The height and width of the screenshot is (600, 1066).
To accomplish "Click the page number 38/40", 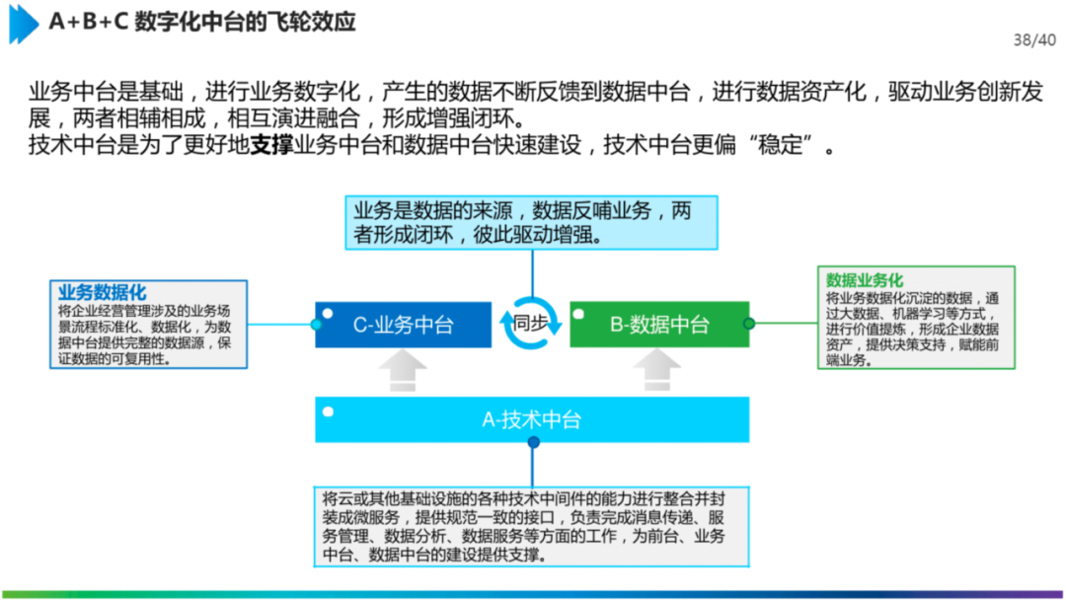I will click(x=1034, y=40).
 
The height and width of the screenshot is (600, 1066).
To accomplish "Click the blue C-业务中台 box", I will click(x=403, y=325).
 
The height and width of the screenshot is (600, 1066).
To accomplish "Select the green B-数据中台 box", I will click(x=659, y=325).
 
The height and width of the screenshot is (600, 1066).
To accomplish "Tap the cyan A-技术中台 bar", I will click(x=532, y=419).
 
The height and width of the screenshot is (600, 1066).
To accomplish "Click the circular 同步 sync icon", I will click(x=531, y=323).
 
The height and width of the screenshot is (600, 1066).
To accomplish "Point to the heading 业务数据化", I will click(x=102, y=292).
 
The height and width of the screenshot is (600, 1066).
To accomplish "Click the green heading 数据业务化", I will click(x=865, y=280).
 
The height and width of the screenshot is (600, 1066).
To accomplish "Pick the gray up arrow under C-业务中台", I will click(x=403, y=372).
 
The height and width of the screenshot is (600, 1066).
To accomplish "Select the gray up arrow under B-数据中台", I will click(x=658, y=372).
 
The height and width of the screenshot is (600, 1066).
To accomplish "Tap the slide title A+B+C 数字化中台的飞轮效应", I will click(x=202, y=22).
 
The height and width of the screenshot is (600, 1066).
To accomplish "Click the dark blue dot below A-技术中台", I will click(x=533, y=442).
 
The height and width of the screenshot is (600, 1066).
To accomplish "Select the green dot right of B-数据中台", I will click(x=749, y=323).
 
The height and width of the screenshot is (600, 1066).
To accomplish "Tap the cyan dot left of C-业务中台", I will click(x=316, y=324).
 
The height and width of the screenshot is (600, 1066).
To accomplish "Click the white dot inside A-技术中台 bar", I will click(x=328, y=411).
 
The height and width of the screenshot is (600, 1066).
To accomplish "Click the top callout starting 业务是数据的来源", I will click(x=532, y=222).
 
